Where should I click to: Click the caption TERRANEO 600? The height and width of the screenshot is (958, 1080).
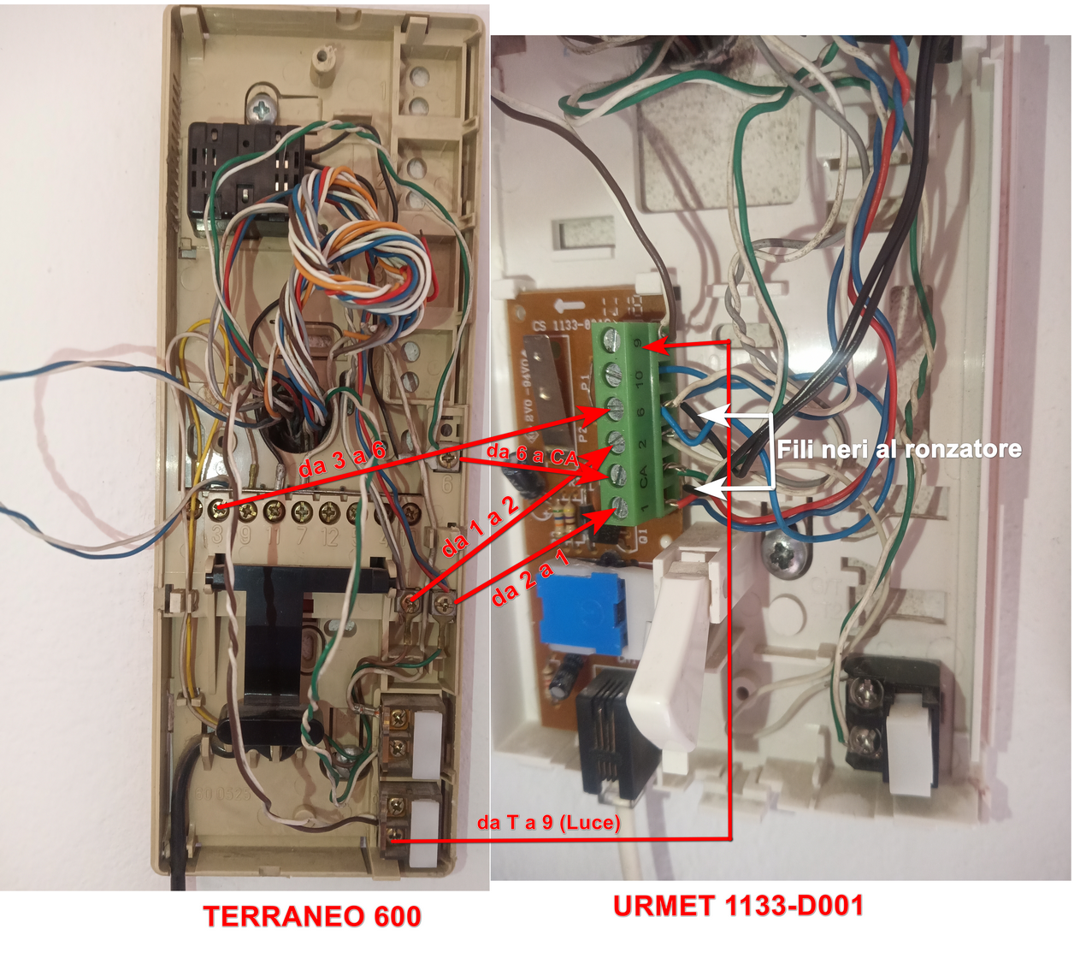312,916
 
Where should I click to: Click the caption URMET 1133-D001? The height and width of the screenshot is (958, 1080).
738,906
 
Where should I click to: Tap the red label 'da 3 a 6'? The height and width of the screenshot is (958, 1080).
342,459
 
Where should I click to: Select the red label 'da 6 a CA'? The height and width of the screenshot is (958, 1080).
532,454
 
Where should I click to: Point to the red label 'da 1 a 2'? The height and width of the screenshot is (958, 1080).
480,527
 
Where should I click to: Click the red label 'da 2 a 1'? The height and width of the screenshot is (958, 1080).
529,580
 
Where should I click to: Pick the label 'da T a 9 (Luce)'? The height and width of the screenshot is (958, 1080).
548,823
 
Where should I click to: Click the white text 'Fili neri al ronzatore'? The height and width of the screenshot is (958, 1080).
898,449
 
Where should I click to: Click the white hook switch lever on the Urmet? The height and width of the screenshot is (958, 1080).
676,642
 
